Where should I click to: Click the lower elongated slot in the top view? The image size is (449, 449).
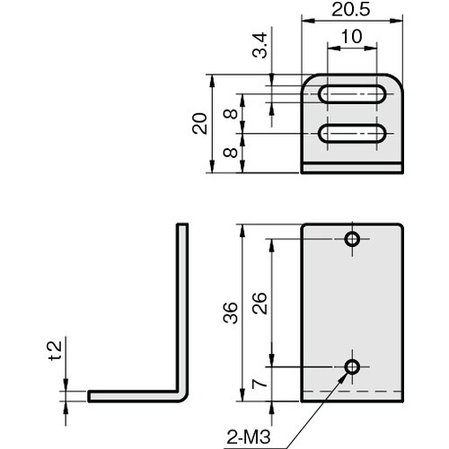point(353,134)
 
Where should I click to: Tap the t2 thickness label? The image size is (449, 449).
point(56,351)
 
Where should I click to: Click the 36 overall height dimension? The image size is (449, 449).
point(231,312)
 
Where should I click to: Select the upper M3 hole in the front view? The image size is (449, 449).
point(352,239)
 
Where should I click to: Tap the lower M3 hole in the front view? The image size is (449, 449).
point(352,366)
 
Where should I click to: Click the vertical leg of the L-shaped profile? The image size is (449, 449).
point(181,305)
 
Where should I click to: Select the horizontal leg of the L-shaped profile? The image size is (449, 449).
point(135,395)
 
